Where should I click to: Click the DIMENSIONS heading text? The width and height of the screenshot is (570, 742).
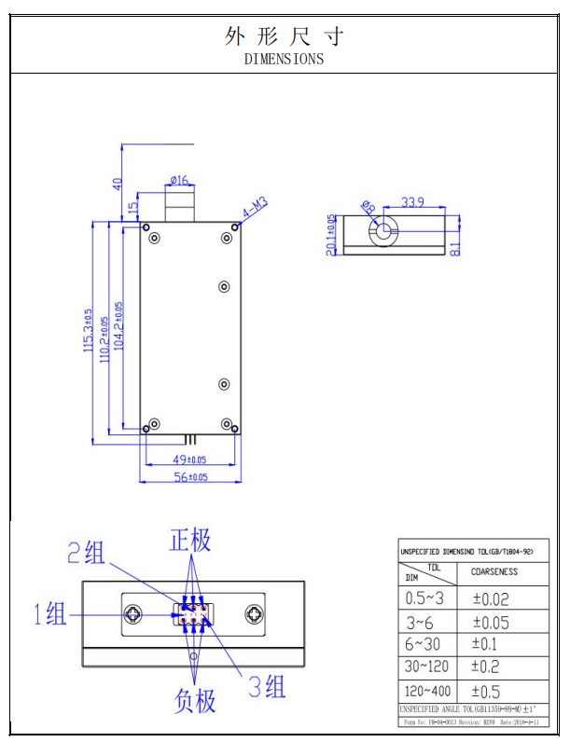(x=285, y=59)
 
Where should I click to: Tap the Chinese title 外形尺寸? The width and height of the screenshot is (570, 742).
(x=285, y=36)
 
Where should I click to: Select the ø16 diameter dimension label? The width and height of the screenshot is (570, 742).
(x=179, y=180)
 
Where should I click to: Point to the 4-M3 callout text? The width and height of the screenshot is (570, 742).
(x=256, y=207)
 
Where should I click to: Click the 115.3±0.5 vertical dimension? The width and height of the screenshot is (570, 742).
(x=89, y=332)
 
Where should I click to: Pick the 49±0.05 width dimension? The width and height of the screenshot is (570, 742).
(x=188, y=460)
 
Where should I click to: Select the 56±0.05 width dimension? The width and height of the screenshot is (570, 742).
(x=188, y=477)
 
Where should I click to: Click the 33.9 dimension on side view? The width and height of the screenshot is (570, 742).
(x=414, y=201)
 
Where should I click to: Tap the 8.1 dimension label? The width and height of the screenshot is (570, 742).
(x=454, y=247)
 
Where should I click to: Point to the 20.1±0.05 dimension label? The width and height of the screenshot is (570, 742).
(x=331, y=234)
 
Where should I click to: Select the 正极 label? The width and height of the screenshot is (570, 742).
(x=190, y=540)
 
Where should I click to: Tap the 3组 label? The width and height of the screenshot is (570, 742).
(x=267, y=688)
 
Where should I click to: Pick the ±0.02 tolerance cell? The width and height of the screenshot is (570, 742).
(x=491, y=599)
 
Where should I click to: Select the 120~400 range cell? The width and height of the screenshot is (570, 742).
(x=428, y=691)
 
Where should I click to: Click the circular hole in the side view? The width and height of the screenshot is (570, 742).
(x=382, y=232)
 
